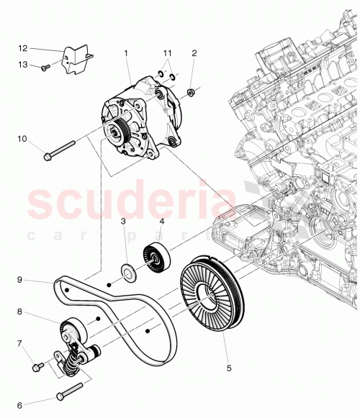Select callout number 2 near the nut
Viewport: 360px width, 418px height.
(193, 53)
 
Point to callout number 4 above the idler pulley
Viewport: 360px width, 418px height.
(161, 222)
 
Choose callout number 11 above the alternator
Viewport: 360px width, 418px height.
(167, 53)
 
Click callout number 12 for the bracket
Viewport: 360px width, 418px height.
(22, 48)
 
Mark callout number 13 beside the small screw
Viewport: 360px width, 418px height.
(22, 64)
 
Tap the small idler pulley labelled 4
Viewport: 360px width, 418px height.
(156, 258)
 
